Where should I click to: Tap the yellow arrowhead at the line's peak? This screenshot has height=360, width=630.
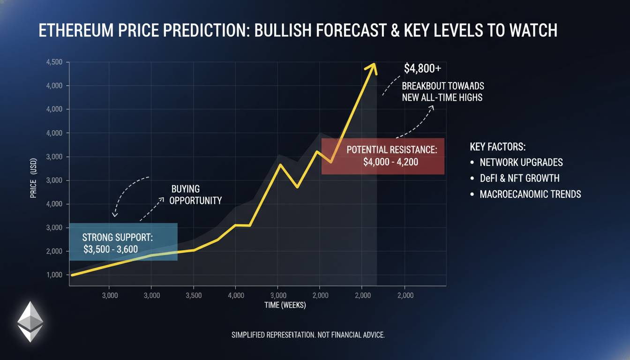(373, 67)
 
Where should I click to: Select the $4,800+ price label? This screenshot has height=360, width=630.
(422, 68)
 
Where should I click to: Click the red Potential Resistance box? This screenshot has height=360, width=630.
(382, 156)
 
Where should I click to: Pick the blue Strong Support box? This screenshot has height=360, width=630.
(123, 242)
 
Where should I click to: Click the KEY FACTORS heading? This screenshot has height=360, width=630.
(498, 147)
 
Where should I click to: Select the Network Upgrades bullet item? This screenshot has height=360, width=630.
(521, 162)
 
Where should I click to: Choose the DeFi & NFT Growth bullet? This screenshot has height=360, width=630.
(519, 178)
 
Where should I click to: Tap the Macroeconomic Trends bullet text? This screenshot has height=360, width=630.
(530, 194)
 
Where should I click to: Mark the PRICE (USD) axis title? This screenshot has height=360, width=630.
(33, 184)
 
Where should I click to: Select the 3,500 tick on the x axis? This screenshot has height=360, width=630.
(194, 295)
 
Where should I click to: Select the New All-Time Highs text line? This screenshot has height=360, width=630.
(442, 97)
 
